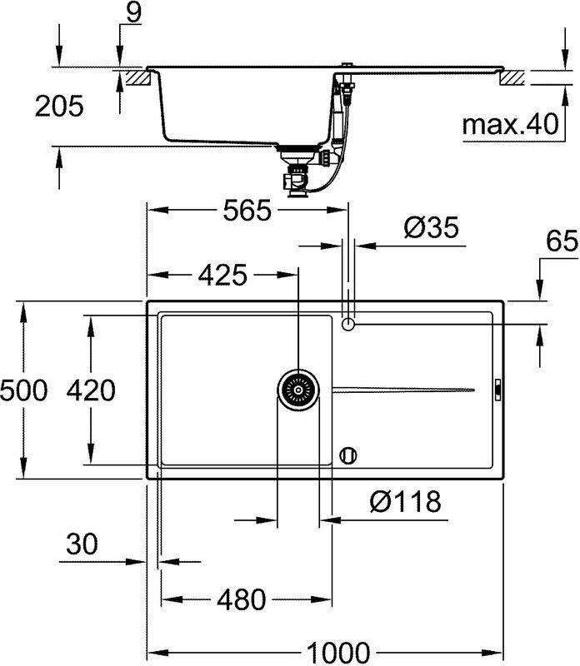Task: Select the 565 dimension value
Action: (247, 211)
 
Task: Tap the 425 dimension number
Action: (222, 275)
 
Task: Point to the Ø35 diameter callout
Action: (431, 227)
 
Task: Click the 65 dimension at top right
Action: (562, 241)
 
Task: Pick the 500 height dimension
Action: (23, 390)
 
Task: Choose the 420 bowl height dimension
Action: (91, 390)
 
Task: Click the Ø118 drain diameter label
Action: (405, 501)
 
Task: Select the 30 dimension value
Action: (82, 544)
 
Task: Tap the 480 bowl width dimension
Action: (241, 599)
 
